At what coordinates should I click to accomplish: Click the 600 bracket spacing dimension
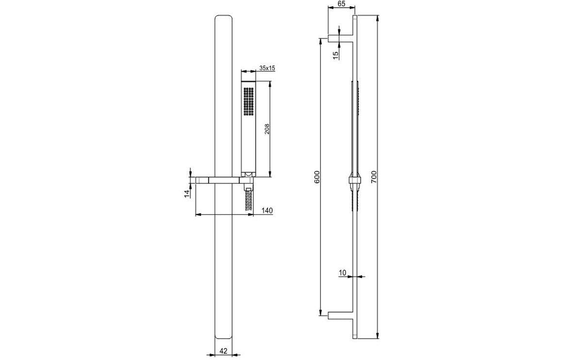317,177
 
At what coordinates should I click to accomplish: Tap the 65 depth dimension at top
341,4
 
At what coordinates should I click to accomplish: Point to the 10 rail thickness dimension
343,273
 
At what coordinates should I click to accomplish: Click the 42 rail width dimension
224,350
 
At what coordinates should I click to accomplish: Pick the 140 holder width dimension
266,211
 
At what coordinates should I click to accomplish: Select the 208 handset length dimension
267,128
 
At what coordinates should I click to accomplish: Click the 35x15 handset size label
267,68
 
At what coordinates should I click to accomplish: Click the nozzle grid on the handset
249,101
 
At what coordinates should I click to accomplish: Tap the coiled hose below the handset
248,199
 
